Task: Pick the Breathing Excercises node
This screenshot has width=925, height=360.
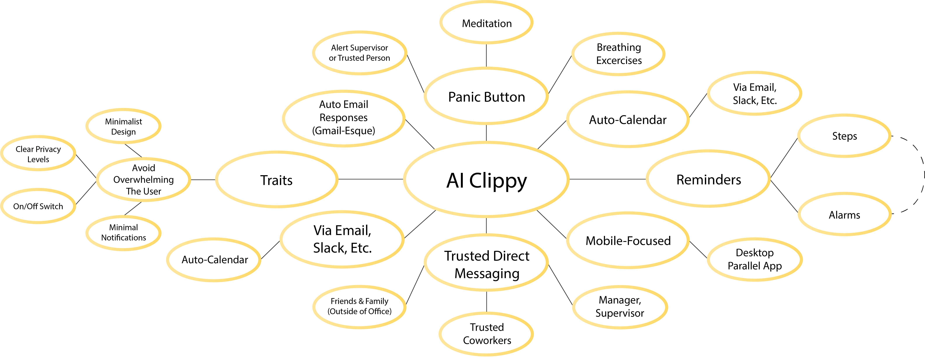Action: coord(618,54)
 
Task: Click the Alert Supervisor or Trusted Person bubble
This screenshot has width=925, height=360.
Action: coord(359,53)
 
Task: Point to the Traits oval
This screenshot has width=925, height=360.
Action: coord(277,180)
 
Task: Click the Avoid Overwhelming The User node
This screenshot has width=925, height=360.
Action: coord(144,179)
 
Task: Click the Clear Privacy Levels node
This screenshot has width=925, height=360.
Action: coord(38,154)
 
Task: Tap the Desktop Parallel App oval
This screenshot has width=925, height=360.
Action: coord(754,259)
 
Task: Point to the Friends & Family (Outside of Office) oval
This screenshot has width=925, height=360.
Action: coord(359,306)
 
